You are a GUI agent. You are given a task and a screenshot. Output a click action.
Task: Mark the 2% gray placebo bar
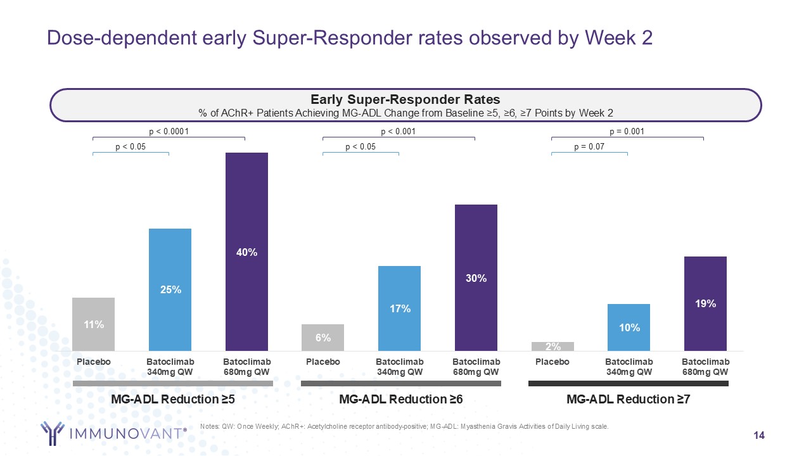click(552, 346)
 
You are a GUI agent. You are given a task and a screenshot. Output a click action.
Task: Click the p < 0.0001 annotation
click(169, 132)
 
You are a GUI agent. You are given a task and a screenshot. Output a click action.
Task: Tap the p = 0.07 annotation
click(589, 147)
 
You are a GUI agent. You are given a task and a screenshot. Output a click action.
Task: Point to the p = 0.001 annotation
click(627, 132)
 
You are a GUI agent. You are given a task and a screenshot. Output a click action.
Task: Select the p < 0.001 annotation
click(398, 132)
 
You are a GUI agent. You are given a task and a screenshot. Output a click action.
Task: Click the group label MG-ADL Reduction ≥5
click(173, 400)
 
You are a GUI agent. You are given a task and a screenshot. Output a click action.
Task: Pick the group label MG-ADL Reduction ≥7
click(628, 400)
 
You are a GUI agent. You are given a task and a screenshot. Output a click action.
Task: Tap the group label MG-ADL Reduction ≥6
click(401, 400)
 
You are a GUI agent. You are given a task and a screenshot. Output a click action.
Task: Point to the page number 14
click(758, 435)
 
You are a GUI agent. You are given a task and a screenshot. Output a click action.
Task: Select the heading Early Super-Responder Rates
click(405, 99)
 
